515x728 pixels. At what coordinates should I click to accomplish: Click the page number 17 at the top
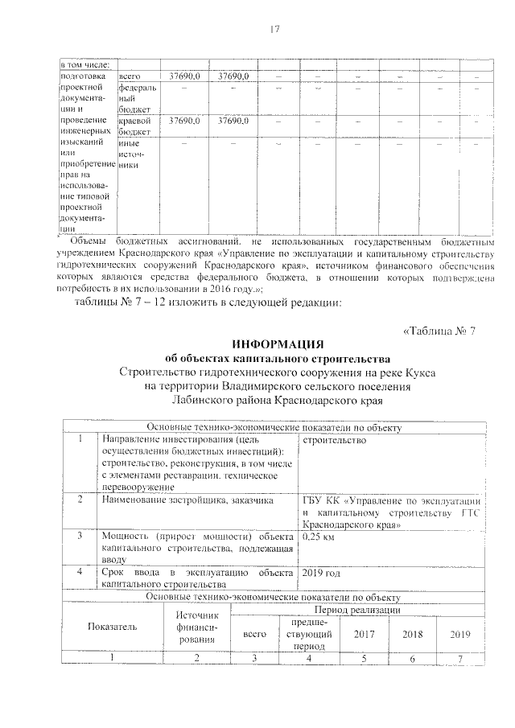tap(273, 30)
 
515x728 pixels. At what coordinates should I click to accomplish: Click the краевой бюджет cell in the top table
tap(134, 125)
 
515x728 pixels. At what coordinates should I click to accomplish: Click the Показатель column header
tap(113, 626)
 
